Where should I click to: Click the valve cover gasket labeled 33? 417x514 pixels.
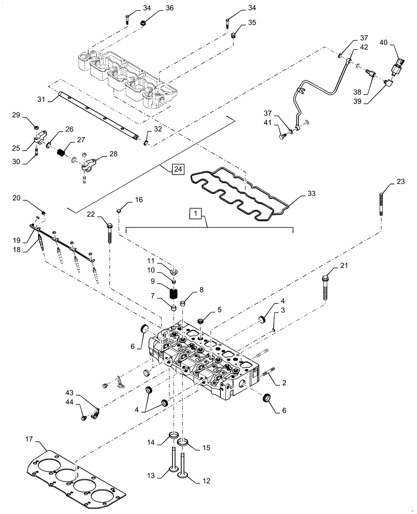click(x=241, y=193)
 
